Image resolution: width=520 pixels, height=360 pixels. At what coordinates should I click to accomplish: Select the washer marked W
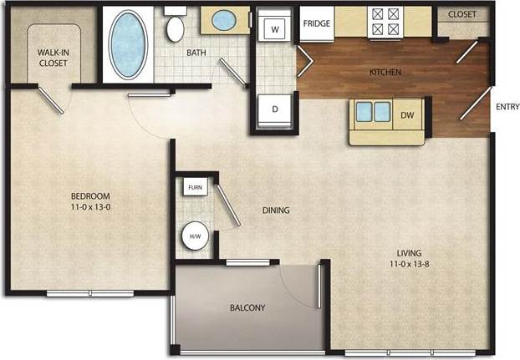click(x=273, y=29)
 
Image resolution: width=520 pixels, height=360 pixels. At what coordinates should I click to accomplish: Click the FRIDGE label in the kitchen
click(x=316, y=23)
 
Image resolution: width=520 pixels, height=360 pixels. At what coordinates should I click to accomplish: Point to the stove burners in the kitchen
click(x=386, y=22)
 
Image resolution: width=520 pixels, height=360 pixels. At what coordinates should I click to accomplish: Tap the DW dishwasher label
click(x=407, y=115)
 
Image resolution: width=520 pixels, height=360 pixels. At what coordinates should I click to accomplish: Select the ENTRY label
click(x=507, y=106)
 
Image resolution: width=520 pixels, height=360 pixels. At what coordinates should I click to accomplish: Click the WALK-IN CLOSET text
click(x=54, y=58)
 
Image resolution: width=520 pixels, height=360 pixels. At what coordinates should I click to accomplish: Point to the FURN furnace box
click(x=196, y=187)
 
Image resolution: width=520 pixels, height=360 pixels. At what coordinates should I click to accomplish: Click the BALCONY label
click(x=247, y=308)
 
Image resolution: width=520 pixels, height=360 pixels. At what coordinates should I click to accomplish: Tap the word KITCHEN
click(x=385, y=73)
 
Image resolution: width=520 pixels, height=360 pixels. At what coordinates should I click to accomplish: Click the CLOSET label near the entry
click(x=462, y=15)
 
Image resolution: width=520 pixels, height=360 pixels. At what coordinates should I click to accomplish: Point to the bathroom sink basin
click(x=223, y=19)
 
